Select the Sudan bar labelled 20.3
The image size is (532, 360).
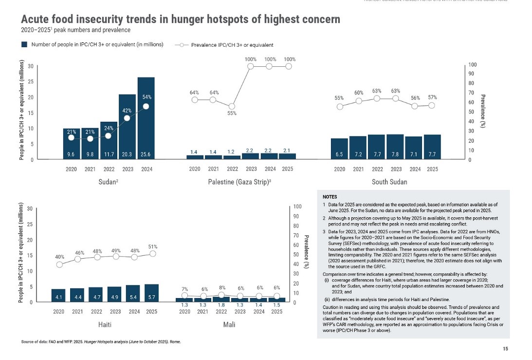point(128,127)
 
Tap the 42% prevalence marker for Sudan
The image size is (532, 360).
point(127,118)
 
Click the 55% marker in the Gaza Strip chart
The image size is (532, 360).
point(232,106)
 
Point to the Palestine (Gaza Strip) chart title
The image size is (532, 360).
point(232,182)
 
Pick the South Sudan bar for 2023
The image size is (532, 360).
point(396,147)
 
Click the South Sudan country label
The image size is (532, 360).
point(389,182)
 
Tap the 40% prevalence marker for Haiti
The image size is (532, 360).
point(59,265)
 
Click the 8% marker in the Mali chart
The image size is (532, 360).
point(222,295)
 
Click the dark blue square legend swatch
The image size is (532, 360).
point(24,44)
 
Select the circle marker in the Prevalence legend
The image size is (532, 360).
point(181,45)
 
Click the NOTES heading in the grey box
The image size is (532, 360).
point(330,197)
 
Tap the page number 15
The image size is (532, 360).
point(505,349)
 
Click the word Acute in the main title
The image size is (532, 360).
point(36,19)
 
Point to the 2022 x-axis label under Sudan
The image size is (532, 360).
point(109,169)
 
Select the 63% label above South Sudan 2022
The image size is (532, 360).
point(377,91)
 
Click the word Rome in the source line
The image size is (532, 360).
point(175,342)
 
